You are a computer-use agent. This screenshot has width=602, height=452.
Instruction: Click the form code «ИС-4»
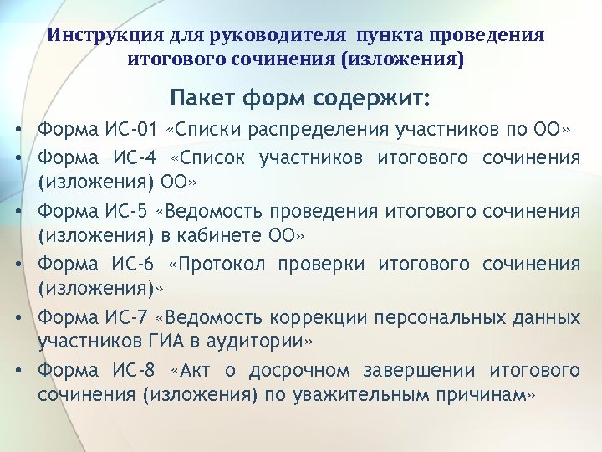tap(129, 157)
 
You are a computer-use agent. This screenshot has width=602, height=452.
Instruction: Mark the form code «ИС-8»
tap(129, 371)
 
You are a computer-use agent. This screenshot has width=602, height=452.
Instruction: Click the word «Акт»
tap(197, 371)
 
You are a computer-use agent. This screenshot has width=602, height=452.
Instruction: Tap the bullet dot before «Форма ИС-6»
tap(17, 265)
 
